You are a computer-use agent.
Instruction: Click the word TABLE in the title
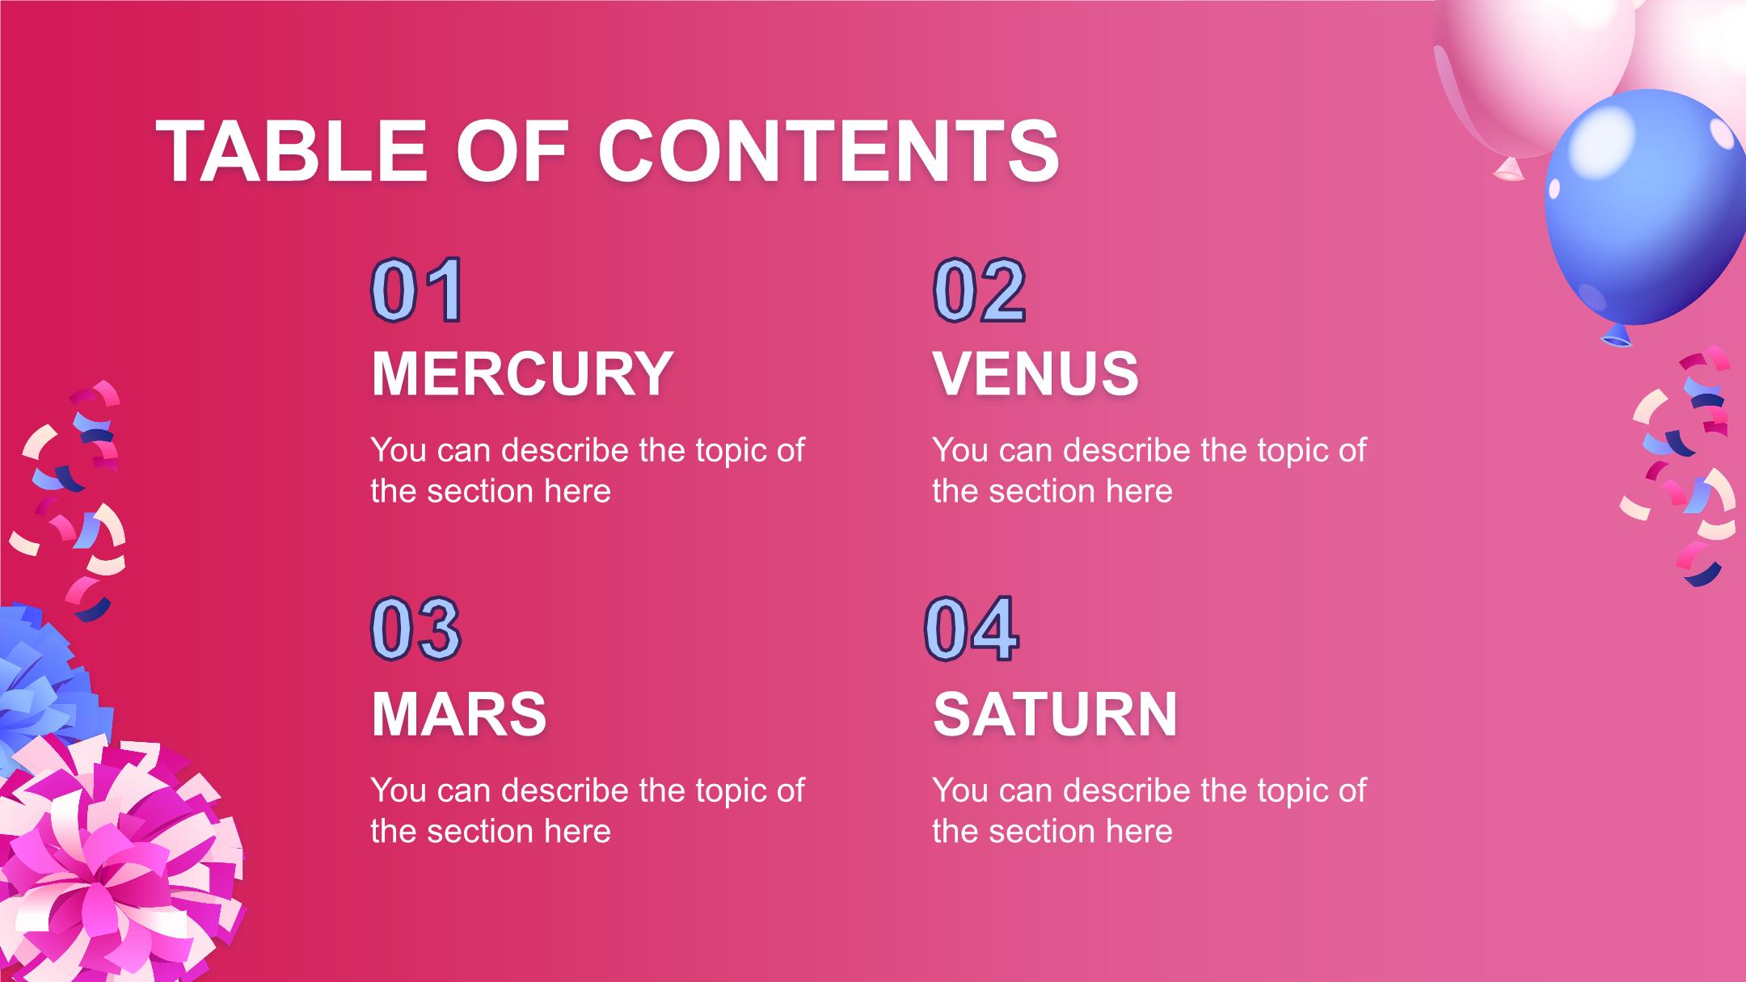click(291, 151)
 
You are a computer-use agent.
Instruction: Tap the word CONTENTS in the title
click(829, 151)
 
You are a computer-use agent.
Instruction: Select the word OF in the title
click(512, 151)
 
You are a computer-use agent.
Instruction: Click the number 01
click(417, 289)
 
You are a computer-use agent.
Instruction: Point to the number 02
click(980, 289)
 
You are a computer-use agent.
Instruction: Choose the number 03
click(416, 629)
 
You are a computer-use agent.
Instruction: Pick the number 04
click(971, 629)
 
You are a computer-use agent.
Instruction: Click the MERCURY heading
click(522, 373)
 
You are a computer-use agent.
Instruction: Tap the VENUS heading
click(1035, 373)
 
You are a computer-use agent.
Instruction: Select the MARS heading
click(459, 714)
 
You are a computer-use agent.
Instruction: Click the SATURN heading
click(1055, 714)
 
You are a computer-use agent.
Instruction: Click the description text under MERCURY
click(588, 470)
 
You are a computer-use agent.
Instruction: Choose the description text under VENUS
click(1149, 470)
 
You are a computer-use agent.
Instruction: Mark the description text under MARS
click(588, 811)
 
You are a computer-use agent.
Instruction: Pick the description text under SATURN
click(1149, 811)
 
